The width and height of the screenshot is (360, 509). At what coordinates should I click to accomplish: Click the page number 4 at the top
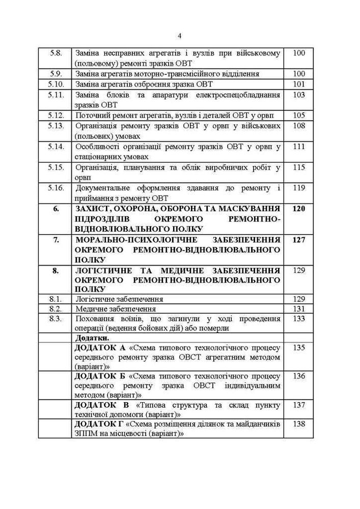pos(180,36)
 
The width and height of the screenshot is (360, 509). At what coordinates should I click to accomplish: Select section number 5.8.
pos(56,53)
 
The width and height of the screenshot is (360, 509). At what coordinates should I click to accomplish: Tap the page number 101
pos(299,84)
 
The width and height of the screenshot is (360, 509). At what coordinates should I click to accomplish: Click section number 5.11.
pos(56,95)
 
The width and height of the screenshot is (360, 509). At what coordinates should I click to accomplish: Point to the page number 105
pos(299,115)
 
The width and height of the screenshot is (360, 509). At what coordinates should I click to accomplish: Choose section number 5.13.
pos(56,126)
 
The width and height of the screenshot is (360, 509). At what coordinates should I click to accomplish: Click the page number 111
pos(299,147)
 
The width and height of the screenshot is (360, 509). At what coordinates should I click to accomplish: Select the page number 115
pos(299,167)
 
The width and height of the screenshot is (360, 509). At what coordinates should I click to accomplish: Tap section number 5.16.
pos(56,188)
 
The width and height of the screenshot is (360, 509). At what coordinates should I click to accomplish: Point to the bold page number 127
pos(299,240)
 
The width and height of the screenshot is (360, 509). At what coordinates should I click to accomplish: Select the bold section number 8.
pos(56,271)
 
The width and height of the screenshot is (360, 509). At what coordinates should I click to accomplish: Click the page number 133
pos(299,319)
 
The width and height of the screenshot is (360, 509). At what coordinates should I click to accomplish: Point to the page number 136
pos(299,376)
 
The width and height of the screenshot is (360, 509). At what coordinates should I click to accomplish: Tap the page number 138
pos(299,424)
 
